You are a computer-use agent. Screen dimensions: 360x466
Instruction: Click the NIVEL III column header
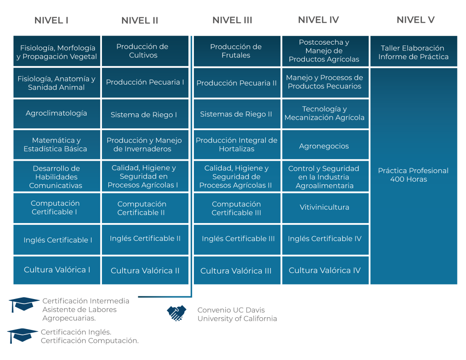pos(232,20)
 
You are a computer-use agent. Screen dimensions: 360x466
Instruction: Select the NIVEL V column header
pos(415,20)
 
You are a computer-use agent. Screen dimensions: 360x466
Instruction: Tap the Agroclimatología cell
pos(56,113)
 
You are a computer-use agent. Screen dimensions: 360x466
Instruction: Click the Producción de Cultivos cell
pos(142,51)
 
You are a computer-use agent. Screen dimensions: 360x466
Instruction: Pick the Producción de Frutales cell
pos(236,51)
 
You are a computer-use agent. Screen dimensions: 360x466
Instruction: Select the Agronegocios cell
pos(324,146)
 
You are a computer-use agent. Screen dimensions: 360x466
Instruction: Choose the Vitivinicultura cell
pos(324,207)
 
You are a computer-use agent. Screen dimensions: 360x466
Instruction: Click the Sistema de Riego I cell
pos(144,115)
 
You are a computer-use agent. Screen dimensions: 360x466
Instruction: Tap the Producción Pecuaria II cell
pos(237,83)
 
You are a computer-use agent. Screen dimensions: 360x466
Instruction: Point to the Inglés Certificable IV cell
pos(324,238)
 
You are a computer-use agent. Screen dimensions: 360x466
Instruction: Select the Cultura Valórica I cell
pos(57,270)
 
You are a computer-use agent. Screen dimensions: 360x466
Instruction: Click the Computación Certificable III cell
pos(236,208)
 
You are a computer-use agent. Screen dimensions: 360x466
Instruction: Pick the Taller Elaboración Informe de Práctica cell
pos(413,52)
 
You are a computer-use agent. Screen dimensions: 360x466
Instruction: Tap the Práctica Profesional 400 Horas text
pos(413,175)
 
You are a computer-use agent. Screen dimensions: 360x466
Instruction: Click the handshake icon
pos(177,313)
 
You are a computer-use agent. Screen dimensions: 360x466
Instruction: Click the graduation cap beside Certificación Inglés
pos(22,335)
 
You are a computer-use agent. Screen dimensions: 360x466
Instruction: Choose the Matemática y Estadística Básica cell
pos(56,145)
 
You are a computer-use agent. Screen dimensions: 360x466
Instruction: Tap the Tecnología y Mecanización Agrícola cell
pos(324,113)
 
